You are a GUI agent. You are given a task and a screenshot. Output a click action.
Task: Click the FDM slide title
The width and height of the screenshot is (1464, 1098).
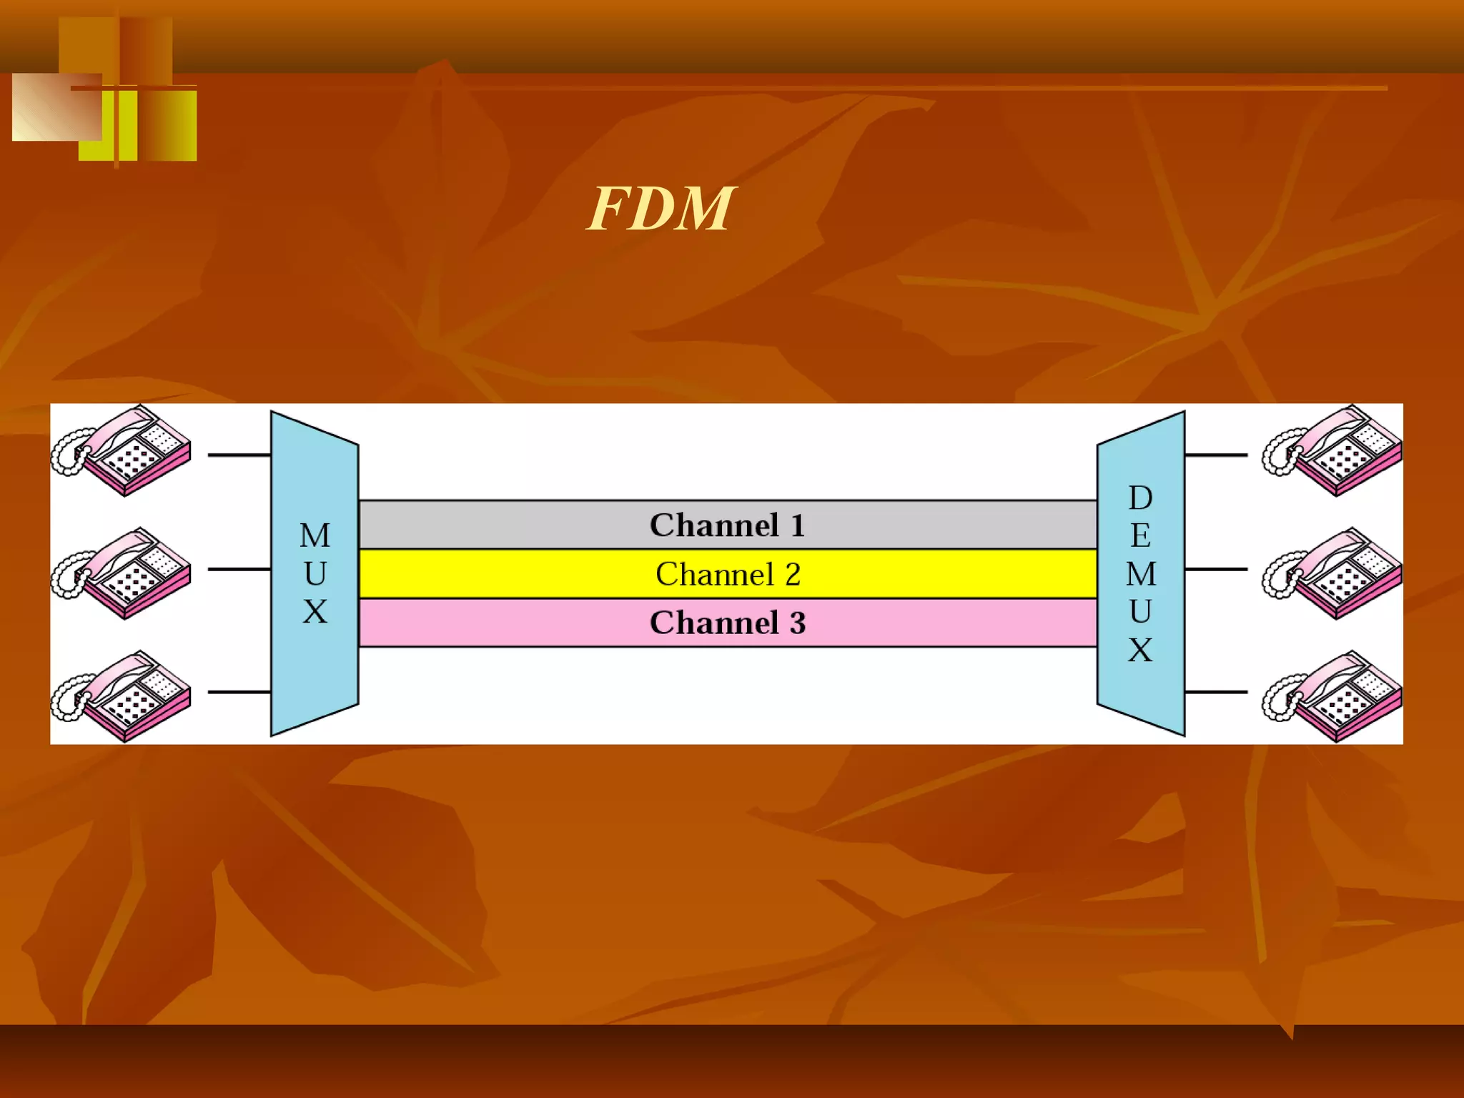tap(661, 209)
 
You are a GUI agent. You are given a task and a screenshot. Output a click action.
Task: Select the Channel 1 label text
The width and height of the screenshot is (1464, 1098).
tap(727, 525)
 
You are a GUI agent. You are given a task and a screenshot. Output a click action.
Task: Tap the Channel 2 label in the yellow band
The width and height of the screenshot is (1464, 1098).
tap(727, 574)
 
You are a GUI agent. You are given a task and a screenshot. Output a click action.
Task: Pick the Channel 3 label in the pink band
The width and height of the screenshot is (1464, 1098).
tap(727, 623)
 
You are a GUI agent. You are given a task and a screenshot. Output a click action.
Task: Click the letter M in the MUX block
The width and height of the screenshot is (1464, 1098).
tap(315, 535)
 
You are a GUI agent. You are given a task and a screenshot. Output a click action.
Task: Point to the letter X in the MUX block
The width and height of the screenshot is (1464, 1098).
tap(315, 612)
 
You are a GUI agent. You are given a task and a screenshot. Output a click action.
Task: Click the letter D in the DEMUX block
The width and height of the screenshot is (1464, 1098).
tap(1140, 498)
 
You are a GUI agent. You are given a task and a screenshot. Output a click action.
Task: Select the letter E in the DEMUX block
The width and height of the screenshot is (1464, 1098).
tap(1140, 535)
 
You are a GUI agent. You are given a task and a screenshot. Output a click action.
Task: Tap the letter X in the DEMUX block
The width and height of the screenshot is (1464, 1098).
tap(1140, 650)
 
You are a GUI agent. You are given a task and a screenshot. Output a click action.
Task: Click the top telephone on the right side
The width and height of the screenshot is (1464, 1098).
tap(1333, 450)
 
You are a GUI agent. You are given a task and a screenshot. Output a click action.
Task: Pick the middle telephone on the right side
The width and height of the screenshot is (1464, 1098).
tap(1333, 573)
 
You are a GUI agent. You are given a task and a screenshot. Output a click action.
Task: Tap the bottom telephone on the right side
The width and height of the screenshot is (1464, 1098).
tap(1333, 696)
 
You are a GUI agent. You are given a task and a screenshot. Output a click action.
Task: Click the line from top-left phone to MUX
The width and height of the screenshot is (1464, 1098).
tap(239, 455)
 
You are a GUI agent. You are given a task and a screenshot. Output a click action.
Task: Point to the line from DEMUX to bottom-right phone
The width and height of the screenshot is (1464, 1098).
tap(1215, 692)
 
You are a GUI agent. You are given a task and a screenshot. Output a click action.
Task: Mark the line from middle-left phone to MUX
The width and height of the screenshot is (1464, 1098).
tap(239, 569)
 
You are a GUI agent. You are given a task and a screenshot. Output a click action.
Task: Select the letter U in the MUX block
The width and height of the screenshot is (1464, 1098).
tap(315, 573)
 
